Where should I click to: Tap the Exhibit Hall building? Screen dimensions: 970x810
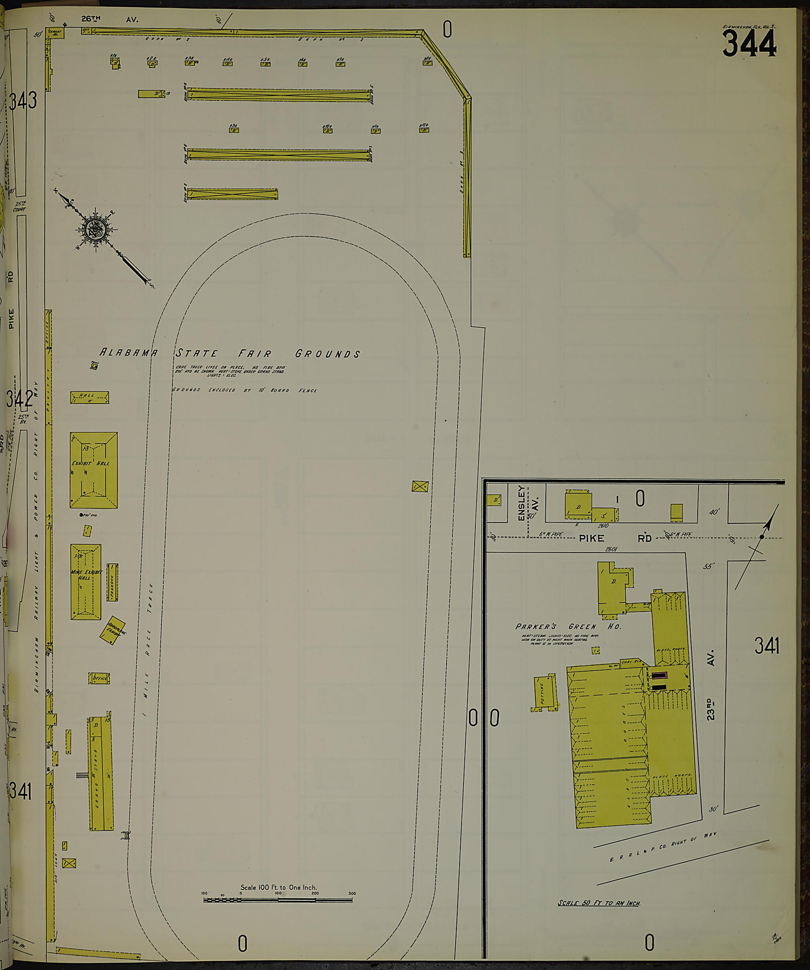pos(94,470)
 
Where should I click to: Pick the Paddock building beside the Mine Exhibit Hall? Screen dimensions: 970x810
pos(112,582)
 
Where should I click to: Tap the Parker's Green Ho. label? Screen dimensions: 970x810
pos(568,627)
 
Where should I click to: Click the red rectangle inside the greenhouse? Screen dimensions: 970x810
pos(659,675)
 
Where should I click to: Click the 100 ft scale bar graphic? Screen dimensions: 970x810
pos(278,899)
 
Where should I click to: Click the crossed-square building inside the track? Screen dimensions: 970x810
pos(420,487)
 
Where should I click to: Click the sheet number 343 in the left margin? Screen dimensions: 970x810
pos(23,101)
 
